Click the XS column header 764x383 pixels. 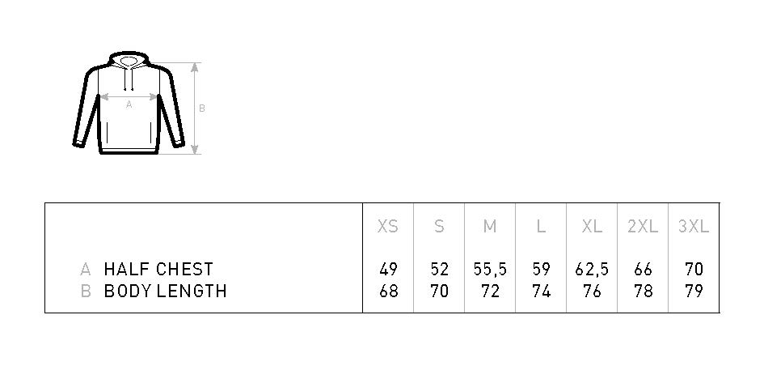pos(388,227)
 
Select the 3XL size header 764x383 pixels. pos(694,227)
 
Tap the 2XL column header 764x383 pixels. pos(643,227)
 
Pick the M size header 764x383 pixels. pos(490,227)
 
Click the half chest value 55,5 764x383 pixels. pos(490,270)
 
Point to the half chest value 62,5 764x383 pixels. pos(592,270)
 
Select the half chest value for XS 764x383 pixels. pos(388,270)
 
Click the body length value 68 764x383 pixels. pos(388,291)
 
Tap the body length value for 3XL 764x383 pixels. pos(694,291)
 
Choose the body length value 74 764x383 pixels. pos(542,291)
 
